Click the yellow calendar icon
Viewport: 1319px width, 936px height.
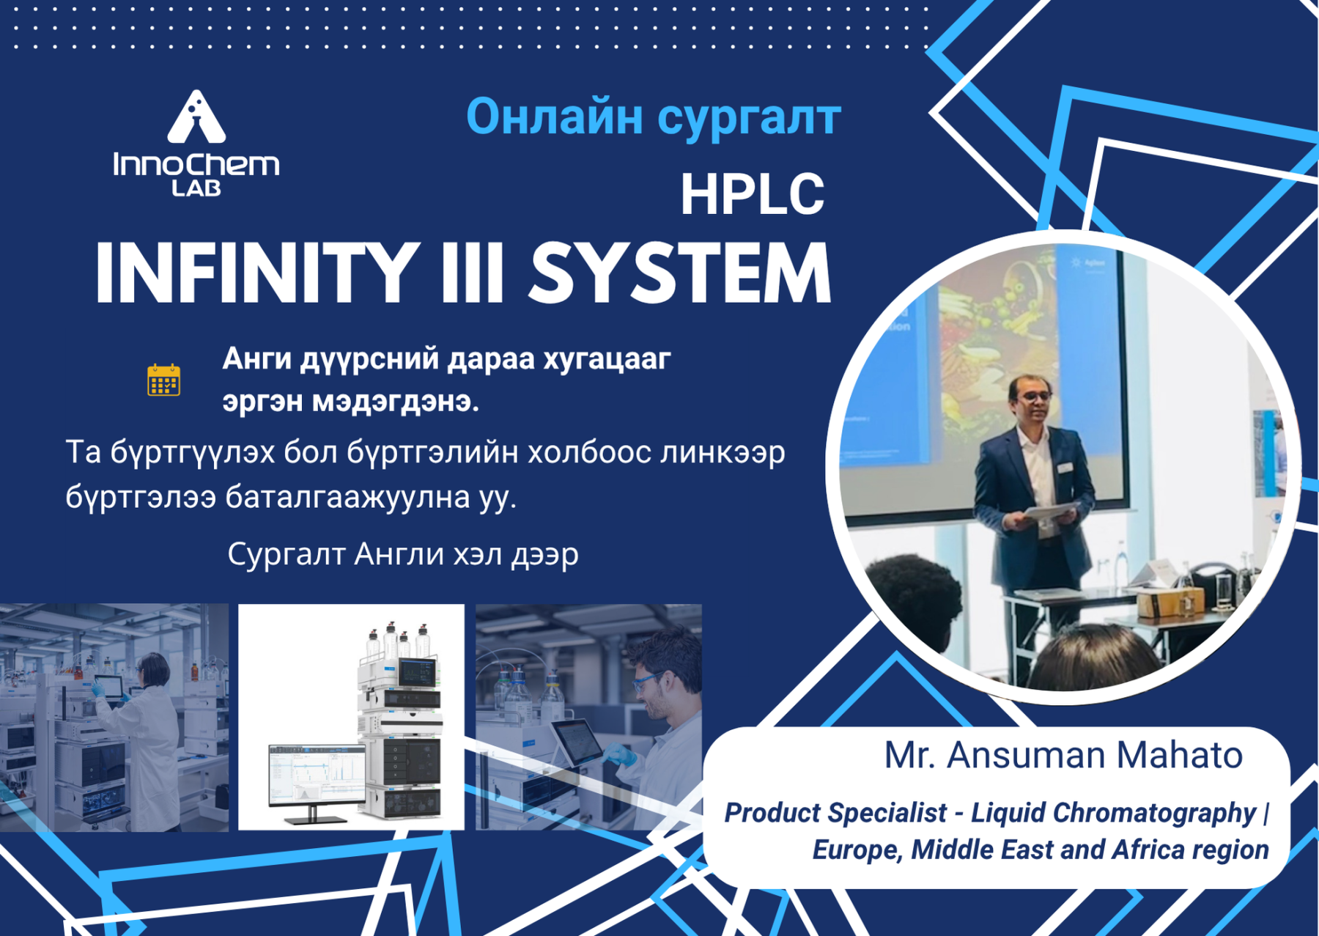coord(163,380)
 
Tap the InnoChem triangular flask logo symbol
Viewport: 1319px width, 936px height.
coord(196,117)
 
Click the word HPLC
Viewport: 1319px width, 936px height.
coord(753,194)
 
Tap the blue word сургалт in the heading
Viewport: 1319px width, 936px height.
coord(749,119)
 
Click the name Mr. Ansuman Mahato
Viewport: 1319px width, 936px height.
coord(1063,755)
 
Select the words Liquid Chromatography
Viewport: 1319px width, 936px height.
coord(1114,813)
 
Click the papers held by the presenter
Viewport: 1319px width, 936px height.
coord(1051,512)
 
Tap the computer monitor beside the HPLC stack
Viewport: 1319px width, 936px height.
coord(317,781)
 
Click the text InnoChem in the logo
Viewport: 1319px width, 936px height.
coord(196,164)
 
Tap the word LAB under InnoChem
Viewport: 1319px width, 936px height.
coord(196,188)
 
